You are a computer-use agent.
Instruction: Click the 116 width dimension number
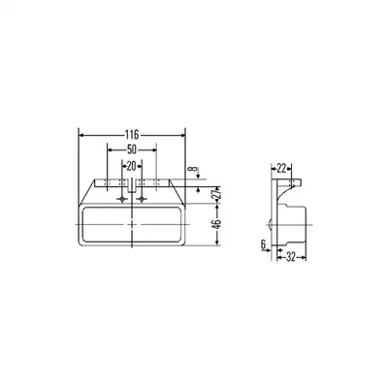pos(132,134)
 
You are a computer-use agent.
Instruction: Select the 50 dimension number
pos(132,149)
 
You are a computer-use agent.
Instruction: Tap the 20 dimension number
pos(131,166)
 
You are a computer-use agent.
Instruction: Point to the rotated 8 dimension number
pos(193,169)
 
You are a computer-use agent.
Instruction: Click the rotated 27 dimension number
pos(217,194)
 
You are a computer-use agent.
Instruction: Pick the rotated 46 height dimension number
pos(217,224)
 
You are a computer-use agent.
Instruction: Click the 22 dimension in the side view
pos(281,168)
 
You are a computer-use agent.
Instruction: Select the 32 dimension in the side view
pos(291,257)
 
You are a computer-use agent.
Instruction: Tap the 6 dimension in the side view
pos(263,244)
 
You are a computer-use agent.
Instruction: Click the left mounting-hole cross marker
pos(122,199)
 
